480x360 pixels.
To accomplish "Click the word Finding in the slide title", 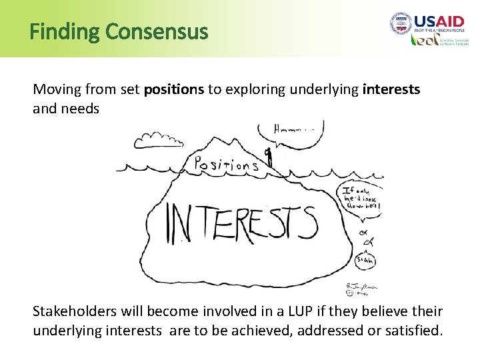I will [65, 31].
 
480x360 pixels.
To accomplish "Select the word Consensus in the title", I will [157, 31].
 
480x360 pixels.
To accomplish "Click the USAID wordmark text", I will [442, 21].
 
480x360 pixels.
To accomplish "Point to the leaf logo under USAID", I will [425, 40].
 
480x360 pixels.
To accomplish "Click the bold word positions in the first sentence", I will [174, 89].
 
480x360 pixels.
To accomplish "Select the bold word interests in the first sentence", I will [391, 89].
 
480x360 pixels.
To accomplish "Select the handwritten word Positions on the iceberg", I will [226, 164].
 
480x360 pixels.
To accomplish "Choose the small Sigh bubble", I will [364, 259].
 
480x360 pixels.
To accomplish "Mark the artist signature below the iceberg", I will [361, 289].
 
